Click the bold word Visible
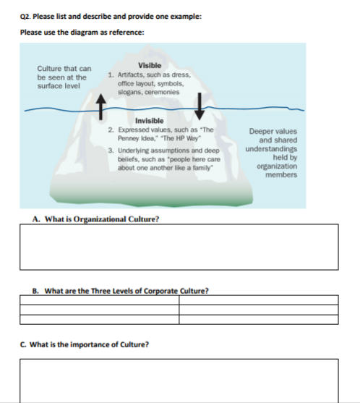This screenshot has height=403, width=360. click(x=149, y=67)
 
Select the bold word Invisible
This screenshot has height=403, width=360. click(x=149, y=120)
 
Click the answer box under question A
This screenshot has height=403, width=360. click(x=179, y=246)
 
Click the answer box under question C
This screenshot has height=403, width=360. click(x=179, y=380)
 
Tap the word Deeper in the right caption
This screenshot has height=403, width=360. click(x=260, y=132)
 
